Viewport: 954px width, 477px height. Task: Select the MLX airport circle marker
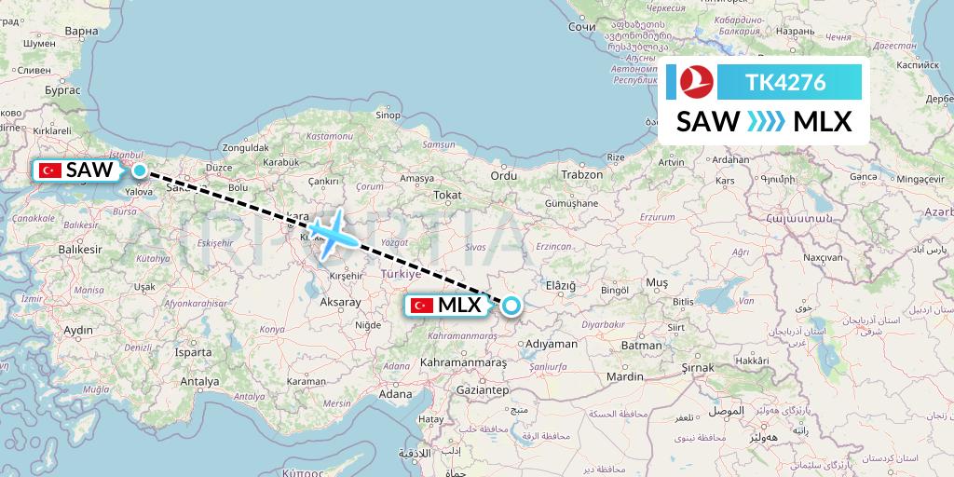[x=511, y=305]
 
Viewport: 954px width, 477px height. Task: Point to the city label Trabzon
[x=583, y=174]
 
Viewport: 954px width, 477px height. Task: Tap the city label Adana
[x=395, y=394]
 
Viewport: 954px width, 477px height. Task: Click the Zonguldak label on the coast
[x=246, y=147]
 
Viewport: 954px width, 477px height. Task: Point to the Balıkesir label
[x=78, y=250]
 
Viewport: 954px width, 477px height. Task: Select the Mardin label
[x=623, y=377]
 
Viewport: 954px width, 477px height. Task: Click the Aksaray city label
[x=339, y=303]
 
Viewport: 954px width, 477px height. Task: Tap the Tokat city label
[x=447, y=195]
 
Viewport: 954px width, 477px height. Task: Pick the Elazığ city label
[x=561, y=284]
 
